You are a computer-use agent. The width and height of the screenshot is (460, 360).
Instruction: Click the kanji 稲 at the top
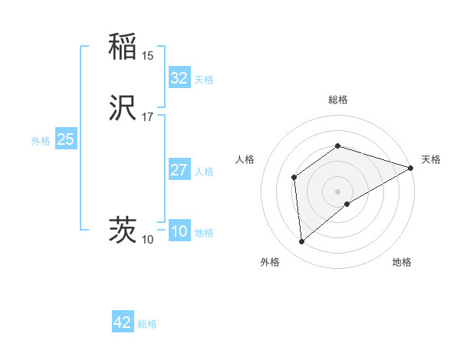pos(123,47)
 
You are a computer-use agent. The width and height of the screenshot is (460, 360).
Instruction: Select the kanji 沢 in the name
pos(123,109)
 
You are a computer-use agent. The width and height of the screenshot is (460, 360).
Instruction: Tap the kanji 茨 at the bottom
pos(123,231)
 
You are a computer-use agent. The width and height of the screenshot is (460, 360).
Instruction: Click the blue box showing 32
pos(179,77)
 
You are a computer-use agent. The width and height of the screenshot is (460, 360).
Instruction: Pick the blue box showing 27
pos(179,170)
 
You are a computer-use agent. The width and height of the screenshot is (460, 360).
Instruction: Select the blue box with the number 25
pos(65,139)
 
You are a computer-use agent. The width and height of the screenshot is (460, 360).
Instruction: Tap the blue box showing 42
pos(123,322)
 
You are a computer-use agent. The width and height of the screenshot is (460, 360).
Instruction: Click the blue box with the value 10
pos(179,231)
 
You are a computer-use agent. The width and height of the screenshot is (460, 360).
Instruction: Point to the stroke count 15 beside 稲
pos(148,56)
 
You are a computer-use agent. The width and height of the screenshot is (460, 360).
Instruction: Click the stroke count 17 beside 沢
pos(148,117)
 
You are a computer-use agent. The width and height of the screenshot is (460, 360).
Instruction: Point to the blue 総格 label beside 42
pos(147,324)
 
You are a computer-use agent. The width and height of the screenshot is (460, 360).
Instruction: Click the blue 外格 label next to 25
pos(41,141)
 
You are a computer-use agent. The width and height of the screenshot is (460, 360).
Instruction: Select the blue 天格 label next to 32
pos(204,80)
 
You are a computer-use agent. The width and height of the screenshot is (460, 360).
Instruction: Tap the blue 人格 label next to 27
pos(204,172)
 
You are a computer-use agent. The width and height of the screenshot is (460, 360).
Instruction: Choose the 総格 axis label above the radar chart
pos(338,100)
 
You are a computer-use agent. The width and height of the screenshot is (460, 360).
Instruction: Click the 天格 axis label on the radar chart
pos(431,159)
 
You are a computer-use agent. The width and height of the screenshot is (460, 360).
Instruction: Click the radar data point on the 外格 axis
pos(302,242)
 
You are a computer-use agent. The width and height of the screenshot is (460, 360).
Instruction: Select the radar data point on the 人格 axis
pos(294,178)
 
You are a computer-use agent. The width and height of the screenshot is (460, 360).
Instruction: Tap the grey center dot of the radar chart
pos(338,191)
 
